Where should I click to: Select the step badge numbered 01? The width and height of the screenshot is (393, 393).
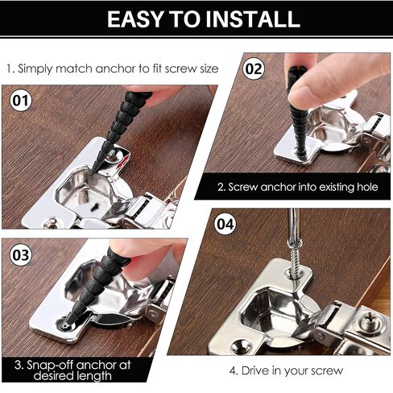click(20, 102)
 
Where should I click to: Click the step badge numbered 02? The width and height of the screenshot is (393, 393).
click(254, 68)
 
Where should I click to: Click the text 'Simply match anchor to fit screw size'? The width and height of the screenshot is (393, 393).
click(113, 68)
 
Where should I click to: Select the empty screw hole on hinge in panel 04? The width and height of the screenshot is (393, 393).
click(240, 345)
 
